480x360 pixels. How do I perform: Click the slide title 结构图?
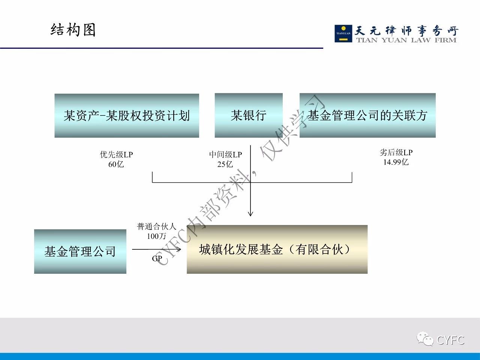73,30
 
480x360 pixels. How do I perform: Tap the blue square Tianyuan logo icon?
343,33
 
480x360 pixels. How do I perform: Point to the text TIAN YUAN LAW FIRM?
406,40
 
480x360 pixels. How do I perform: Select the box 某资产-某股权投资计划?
127,115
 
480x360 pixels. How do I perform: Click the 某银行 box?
249,115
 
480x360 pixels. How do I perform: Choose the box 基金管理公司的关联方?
367,115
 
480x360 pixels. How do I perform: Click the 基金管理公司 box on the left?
80,251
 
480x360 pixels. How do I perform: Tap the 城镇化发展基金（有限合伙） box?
277,249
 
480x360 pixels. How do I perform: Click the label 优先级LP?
116,154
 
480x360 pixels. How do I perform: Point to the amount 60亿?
116,164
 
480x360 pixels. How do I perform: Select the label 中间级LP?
225,154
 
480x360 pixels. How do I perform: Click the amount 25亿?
225,164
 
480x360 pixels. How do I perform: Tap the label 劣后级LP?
396,152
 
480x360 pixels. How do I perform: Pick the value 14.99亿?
396,162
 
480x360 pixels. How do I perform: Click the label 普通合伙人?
156,226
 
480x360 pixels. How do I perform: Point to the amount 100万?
156,236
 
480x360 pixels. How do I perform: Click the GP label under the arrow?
157,258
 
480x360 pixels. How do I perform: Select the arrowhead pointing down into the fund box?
250,214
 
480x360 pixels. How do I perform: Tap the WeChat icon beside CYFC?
425,339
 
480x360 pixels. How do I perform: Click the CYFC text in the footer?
450,340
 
